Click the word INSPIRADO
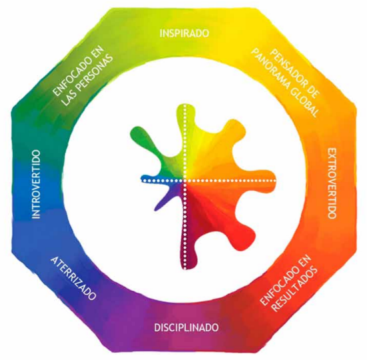(x=184, y=33)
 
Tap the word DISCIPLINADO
(x=186, y=327)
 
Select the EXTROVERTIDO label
(x=332, y=183)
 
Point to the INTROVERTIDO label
(x=36, y=184)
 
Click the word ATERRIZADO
(x=73, y=278)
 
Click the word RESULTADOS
(x=295, y=290)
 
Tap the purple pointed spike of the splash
(x=164, y=199)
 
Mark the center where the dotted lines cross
(x=185, y=180)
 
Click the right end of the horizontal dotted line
(x=274, y=180)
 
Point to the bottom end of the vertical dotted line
(x=185, y=267)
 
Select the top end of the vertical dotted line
(x=185, y=106)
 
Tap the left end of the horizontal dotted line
(x=143, y=180)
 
